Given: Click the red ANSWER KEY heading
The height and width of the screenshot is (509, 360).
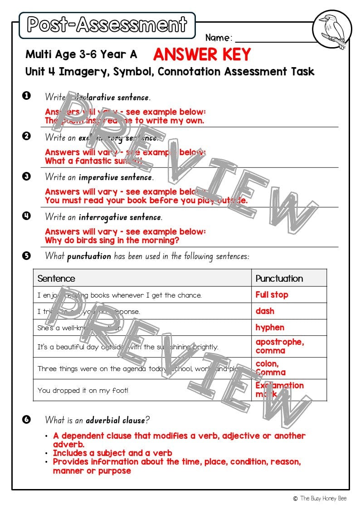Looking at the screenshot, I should click(x=202, y=54).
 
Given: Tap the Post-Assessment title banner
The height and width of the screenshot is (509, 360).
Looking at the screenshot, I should click(x=107, y=25).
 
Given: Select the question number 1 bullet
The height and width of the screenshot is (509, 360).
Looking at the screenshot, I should click(x=26, y=96).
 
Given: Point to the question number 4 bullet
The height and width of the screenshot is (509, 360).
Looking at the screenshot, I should click(x=26, y=216).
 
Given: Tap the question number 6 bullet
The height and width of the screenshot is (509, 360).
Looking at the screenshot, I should click(x=26, y=419).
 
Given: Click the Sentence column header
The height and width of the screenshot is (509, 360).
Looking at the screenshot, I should click(x=56, y=278).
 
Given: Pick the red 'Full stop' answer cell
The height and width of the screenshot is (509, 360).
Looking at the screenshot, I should click(x=272, y=295).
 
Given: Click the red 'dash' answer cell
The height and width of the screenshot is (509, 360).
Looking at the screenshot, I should click(x=265, y=311).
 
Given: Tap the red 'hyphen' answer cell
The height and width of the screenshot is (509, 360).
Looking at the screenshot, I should click(x=270, y=328).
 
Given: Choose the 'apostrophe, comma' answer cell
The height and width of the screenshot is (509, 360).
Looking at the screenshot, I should click(x=279, y=346).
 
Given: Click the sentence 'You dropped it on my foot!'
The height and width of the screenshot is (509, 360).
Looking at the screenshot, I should click(x=83, y=390).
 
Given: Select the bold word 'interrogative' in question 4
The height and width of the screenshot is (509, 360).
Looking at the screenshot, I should click(x=120, y=217).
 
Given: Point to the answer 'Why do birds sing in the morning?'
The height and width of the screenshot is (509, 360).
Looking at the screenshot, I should click(x=112, y=240).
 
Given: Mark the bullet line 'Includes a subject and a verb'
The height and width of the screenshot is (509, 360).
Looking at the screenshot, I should click(x=112, y=453).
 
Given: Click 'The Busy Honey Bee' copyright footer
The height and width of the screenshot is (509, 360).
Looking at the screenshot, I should click(x=323, y=498).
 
